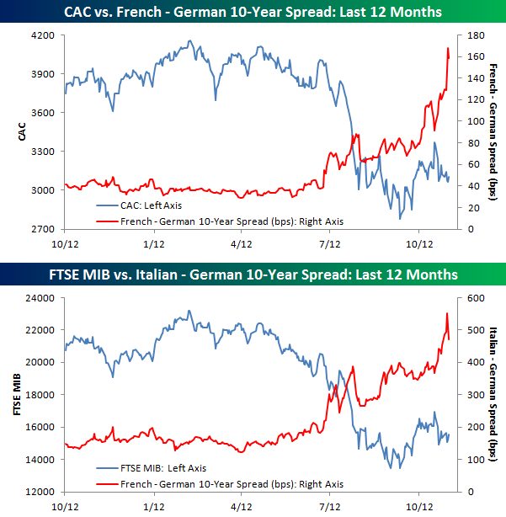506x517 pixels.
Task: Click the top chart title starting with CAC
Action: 253,12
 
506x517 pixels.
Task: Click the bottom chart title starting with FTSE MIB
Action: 253,274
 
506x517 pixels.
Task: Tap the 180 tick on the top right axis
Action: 466,35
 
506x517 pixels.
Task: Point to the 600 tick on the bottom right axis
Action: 466,297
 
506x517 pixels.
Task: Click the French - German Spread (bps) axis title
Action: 493,132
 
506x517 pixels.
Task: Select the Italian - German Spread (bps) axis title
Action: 493,394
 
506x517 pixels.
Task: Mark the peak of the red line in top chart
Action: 447,49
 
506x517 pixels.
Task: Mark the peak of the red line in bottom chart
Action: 446,314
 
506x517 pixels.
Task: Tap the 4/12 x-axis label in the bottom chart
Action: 242,507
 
